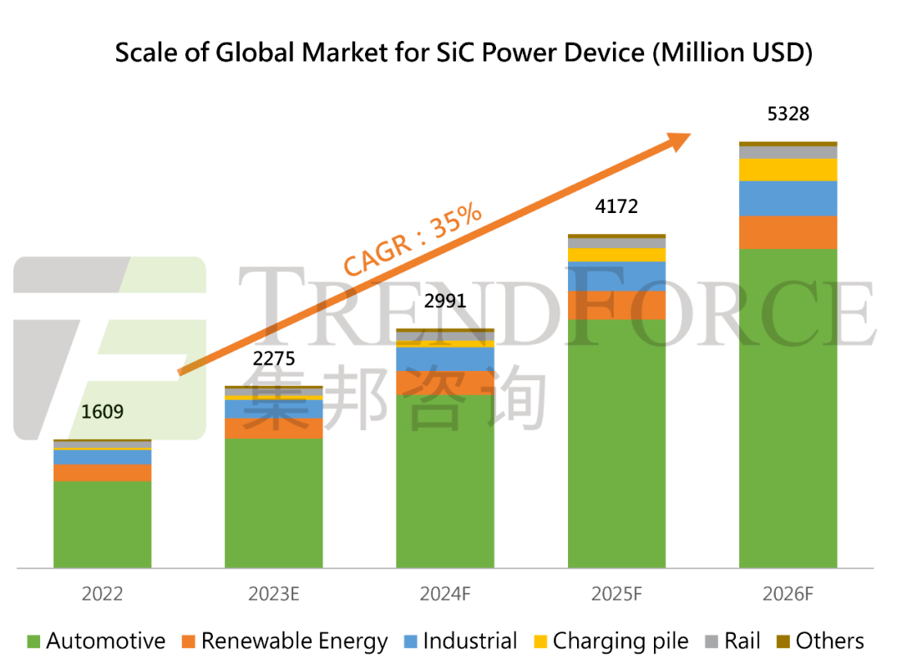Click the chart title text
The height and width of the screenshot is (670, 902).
464,52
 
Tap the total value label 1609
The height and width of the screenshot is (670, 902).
102,411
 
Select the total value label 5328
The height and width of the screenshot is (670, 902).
788,114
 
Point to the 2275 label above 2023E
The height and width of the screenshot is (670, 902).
274,359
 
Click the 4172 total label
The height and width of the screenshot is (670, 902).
616,206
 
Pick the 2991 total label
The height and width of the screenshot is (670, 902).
444,301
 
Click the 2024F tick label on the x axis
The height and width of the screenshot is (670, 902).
445,594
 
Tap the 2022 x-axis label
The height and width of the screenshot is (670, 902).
102,594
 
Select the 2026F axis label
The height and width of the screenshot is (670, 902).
788,594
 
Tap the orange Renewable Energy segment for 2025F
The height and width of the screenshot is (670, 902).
616,305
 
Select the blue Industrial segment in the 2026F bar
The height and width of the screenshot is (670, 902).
788,198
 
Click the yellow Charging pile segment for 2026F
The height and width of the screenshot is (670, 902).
788,170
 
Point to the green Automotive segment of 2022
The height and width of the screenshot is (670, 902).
102,524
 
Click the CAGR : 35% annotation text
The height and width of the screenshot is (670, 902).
413,239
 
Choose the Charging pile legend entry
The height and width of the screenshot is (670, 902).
611,642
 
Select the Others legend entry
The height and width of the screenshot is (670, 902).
819,642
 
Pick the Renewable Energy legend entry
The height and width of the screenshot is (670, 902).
284,642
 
